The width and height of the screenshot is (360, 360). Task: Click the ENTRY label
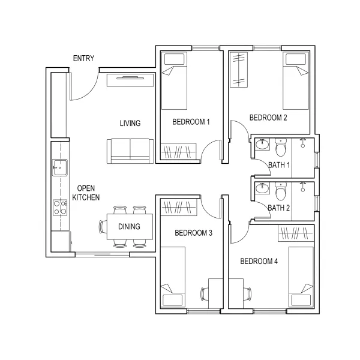pos(83,59)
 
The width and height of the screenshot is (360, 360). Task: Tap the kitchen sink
pos(60,167)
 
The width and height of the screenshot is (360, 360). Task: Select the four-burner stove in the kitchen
pos(60,208)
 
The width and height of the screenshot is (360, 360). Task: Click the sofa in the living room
pos(130,151)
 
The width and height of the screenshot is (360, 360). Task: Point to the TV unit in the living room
pos(130,80)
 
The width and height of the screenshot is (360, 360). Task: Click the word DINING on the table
pos(129,227)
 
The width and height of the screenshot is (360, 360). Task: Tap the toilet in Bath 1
pos(281,147)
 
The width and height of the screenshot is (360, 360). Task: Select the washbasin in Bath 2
pos(262,188)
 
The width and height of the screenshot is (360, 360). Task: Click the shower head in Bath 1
pos(303,143)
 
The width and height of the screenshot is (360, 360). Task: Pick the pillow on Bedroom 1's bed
pos(174,59)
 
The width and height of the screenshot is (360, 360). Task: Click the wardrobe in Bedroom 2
pos(239,70)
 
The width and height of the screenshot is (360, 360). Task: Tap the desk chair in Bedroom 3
pos(205,293)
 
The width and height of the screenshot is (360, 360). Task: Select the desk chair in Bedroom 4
pos(247,293)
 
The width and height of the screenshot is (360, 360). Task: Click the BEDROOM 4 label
pos(259,261)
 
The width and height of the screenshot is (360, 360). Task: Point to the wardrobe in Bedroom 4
pos(296,233)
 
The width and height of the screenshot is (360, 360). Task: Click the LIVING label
pos(130,123)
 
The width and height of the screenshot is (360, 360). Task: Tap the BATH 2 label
pos(279,208)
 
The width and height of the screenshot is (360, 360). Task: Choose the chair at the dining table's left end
pos(103,227)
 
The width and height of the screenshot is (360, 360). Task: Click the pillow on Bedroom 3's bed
pos(173,301)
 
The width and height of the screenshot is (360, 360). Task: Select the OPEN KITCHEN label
pos(86,193)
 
